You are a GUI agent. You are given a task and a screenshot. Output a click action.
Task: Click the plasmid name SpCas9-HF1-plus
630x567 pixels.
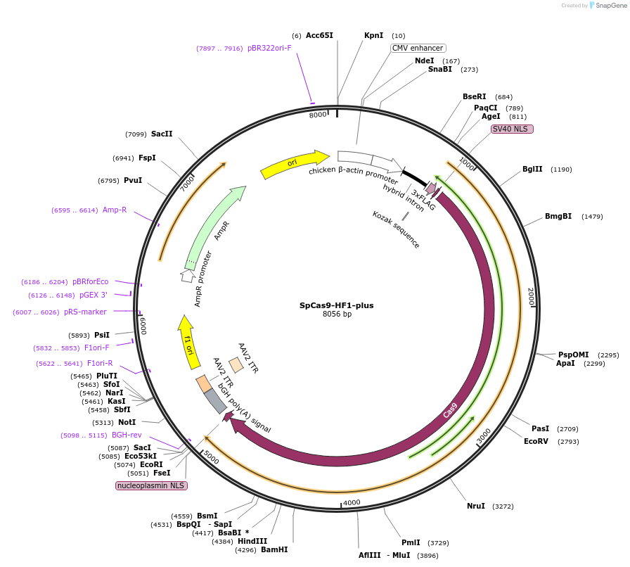coord(336,305)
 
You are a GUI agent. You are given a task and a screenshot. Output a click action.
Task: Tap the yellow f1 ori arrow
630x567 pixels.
coord(188,341)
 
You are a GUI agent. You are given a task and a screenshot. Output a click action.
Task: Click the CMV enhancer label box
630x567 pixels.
coord(418,48)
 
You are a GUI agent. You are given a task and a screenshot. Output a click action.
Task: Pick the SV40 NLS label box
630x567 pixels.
coord(512,129)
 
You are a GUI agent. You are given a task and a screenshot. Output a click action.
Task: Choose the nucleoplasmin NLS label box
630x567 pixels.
coord(151,485)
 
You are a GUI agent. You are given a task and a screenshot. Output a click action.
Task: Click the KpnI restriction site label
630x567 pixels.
coord(373,35)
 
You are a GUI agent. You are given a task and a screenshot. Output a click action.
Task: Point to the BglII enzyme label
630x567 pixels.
coord(532,169)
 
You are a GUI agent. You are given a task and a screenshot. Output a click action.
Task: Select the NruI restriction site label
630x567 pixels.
coord(476,506)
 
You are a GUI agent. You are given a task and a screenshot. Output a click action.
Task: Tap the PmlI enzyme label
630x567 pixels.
coord(411,542)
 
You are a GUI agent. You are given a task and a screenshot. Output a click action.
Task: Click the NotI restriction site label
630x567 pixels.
coord(127,422)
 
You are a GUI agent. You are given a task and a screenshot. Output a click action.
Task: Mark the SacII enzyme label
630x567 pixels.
coord(162,134)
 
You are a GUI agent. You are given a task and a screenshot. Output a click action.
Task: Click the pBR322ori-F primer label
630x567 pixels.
coord(269,48)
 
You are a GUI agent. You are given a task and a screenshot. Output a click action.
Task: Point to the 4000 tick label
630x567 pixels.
coord(352,502)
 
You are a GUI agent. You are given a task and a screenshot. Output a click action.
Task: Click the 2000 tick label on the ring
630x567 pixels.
coord(532,296)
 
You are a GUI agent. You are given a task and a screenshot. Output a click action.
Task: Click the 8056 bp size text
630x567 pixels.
coord(337,314)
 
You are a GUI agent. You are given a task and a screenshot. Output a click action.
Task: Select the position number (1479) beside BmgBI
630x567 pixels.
coord(592,216)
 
